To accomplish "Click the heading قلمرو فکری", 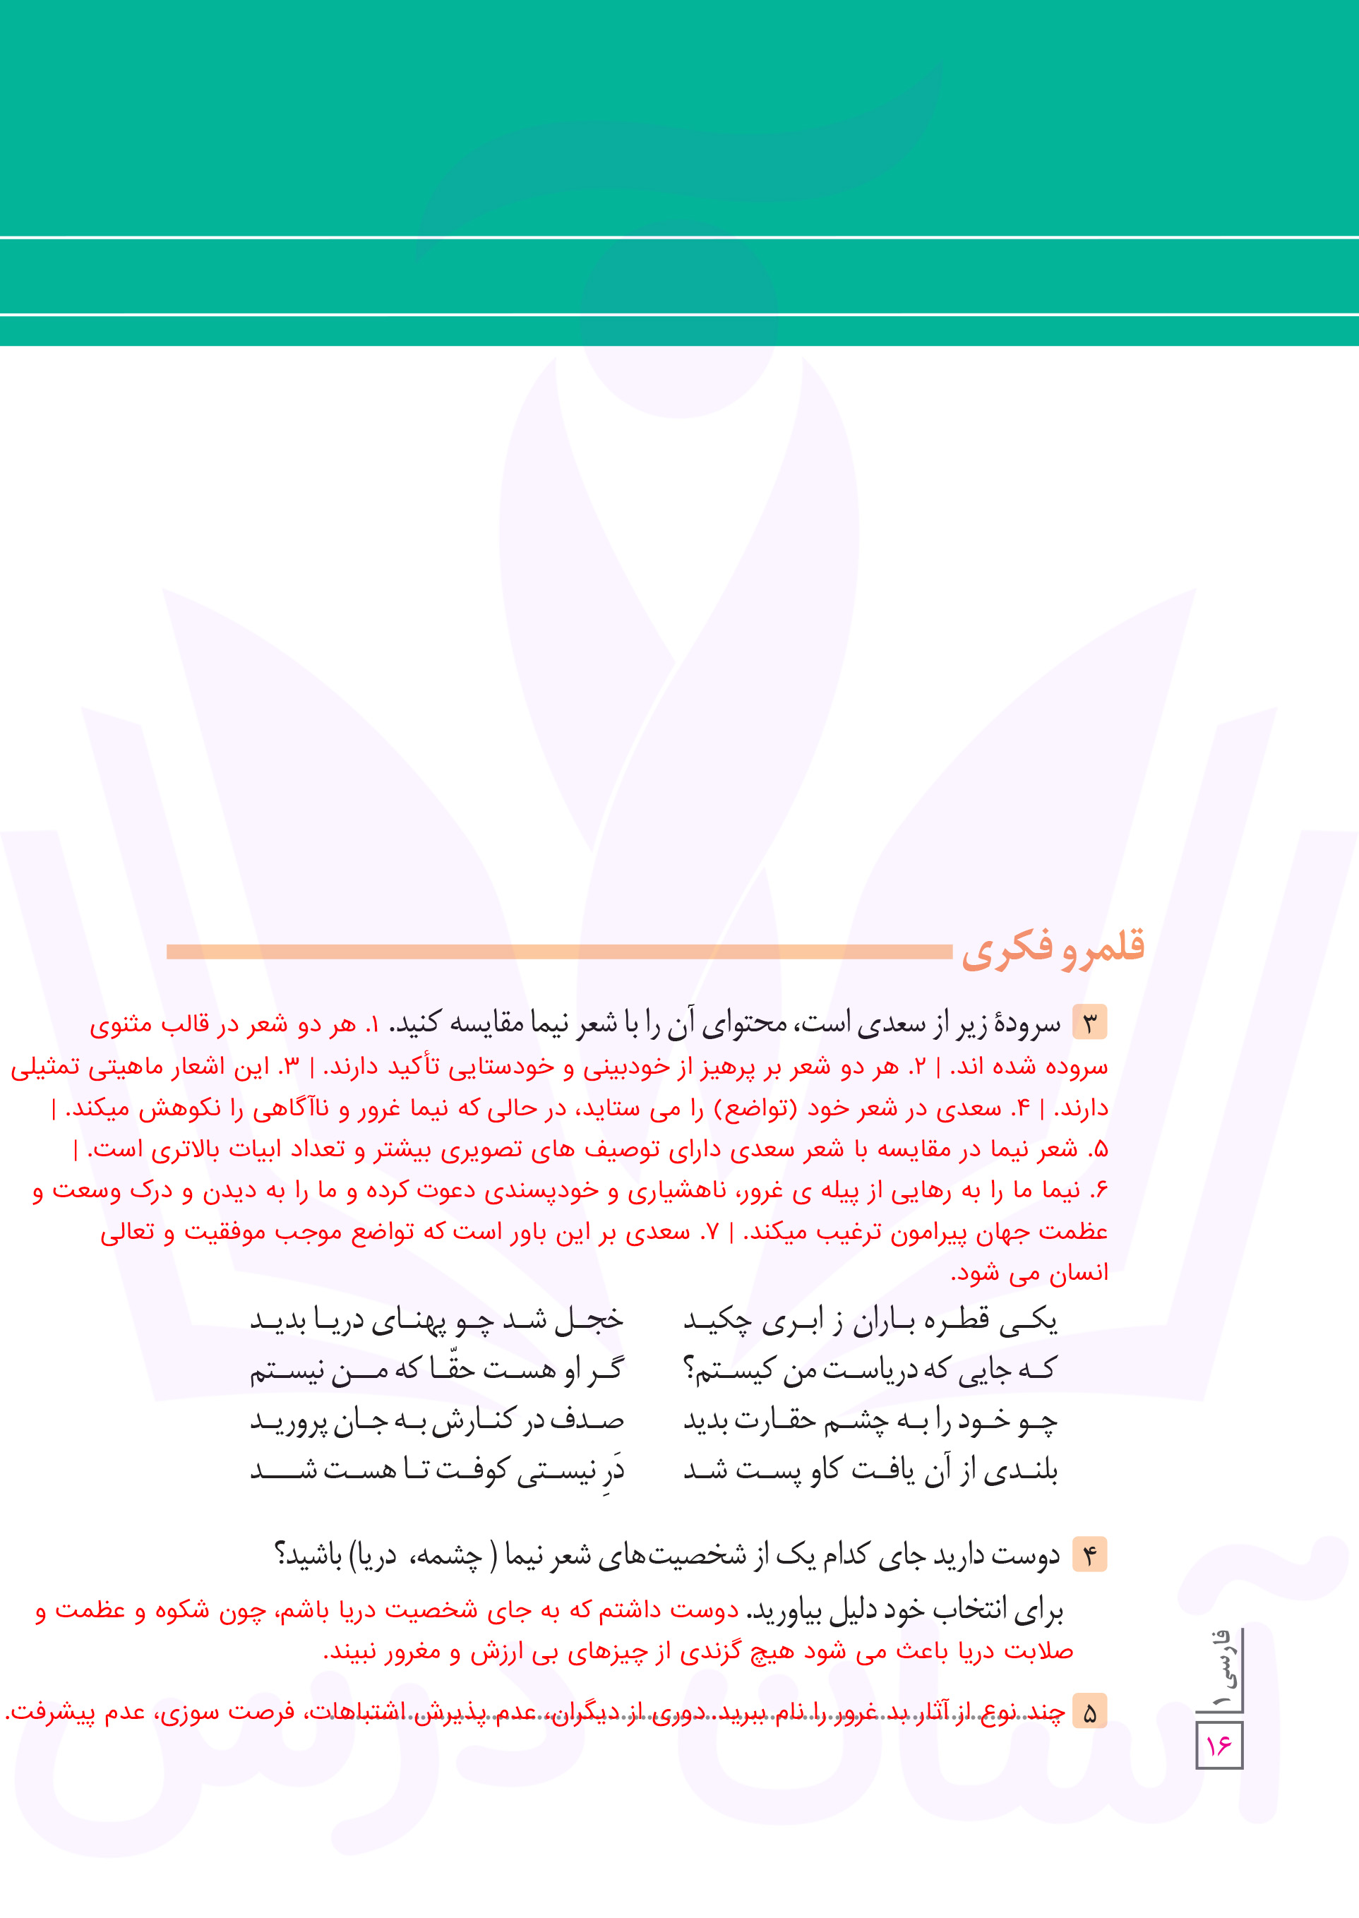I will [1053, 949].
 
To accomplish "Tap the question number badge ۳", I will [1089, 1023].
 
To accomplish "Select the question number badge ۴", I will [1089, 1555].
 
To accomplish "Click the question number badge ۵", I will [1089, 1712].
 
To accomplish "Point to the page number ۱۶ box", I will [1219, 1744].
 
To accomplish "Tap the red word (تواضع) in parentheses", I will [758, 1108].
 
